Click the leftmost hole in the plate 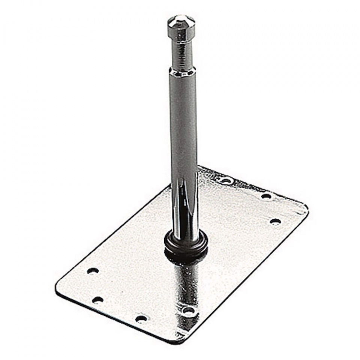pyautogui.click(x=93, y=271)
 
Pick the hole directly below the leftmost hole pyautogui.click(x=98, y=300)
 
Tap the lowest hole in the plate pyautogui.click(x=141, y=319)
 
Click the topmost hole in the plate pyautogui.click(x=226, y=181)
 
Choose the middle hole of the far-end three pyautogui.click(x=266, y=196)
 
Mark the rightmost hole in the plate pyautogui.click(x=275, y=221)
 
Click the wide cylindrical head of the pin pyautogui.click(x=181, y=28)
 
